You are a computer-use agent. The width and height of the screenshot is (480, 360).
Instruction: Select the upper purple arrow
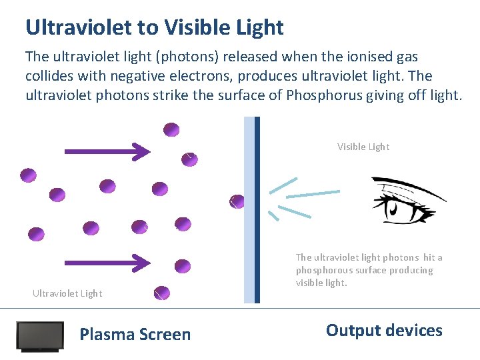[107, 151]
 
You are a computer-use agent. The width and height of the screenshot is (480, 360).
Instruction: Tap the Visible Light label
[363, 147]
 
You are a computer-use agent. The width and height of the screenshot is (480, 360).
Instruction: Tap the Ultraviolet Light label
[67, 293]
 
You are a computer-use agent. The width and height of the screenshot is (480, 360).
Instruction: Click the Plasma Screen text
[135, 335]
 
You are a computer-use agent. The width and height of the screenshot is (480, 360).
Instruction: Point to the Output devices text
[384, 331]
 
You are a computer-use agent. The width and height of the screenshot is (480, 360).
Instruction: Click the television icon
[40, 337]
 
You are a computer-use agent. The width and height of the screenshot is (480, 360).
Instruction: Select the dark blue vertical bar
[257, 210]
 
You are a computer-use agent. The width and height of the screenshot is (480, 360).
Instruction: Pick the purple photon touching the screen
[237, 201]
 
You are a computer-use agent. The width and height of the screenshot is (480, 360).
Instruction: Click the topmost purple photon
[171, 129]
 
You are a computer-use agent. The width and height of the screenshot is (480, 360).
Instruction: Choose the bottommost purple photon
[162, 293]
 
